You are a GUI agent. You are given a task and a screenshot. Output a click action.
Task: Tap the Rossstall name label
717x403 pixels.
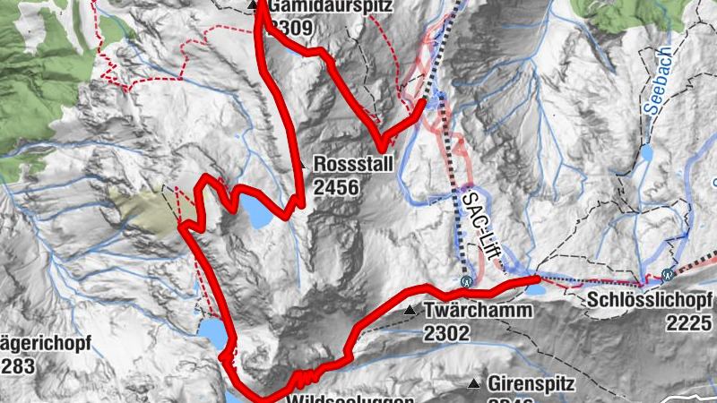click(x=353, y=167)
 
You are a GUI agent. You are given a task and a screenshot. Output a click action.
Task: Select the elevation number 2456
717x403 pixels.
click(x=336, y=187)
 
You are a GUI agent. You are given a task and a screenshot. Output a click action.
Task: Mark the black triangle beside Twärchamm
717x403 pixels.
click(x=410, y=311)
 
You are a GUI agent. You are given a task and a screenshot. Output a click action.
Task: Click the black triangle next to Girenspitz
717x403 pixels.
click(x=474, y=384)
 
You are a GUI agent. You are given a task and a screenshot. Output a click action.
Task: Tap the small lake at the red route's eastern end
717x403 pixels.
click(x=535, y=287)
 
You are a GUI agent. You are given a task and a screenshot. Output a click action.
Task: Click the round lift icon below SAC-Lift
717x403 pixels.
click(x=466, y=280)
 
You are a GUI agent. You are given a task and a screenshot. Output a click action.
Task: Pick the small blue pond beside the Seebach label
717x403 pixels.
click(x=647, y=152)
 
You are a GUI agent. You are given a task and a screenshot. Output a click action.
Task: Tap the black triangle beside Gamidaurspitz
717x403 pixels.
click(x=254, y=7)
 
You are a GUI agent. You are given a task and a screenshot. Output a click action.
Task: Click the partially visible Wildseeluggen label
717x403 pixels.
click(x=350, y=399)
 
